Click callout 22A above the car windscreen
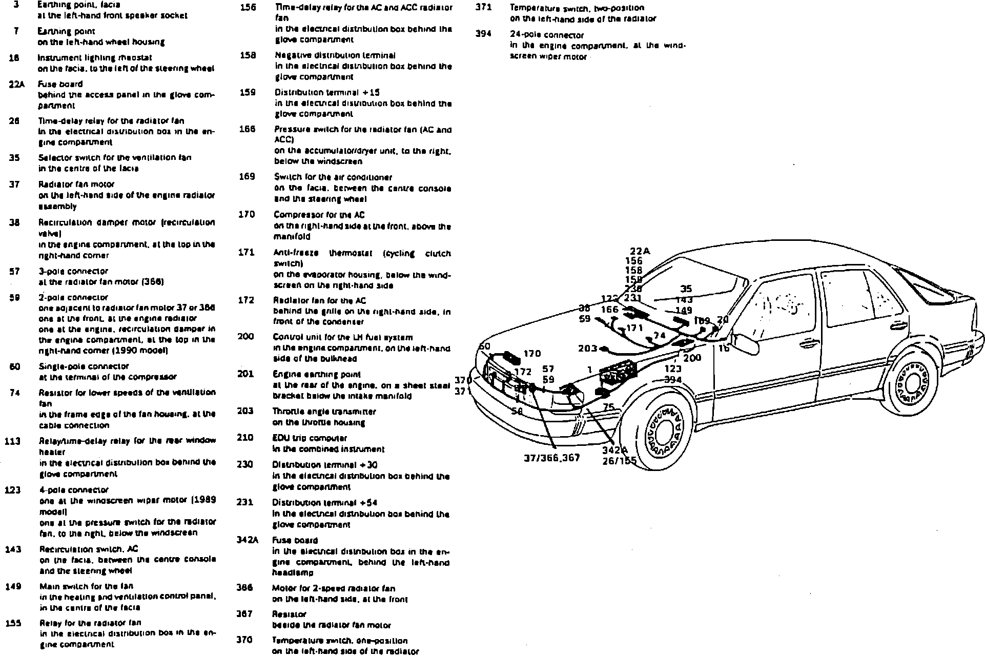[x=640, y=251]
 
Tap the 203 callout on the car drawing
[x=587, y=348]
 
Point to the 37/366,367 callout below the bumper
[x=551, y=458]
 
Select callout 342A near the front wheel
[x=615, y=450]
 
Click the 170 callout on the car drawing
[x=532, y=354]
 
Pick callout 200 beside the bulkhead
[x=692, y=358]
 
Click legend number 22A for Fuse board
[x=16, y=84]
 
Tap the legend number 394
[x=483, y=34]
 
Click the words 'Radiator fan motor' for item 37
[x=76, y=184]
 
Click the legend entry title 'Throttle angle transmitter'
[x=324, y=411]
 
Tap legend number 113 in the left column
[x=12, y=441]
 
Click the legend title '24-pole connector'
[x=546, y=35]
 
